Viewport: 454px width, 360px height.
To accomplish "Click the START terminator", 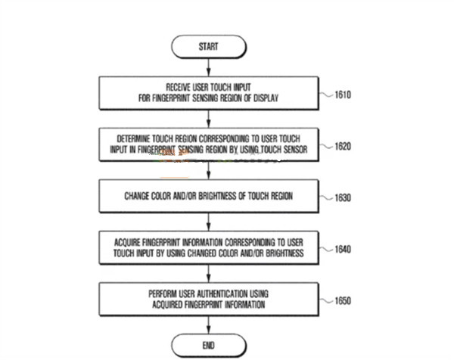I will click(209, 47).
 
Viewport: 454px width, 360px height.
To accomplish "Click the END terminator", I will click(209, 346).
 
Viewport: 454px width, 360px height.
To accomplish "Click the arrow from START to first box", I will click(209, 67).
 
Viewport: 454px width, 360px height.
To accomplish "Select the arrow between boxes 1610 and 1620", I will click(209, 119).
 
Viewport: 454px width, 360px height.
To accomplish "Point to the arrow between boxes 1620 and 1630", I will click(209, 171).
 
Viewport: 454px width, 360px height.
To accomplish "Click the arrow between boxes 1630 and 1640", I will click(209, 222).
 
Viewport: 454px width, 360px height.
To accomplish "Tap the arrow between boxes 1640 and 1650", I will click(209, 272).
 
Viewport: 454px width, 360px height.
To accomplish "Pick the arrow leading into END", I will click(209, 323).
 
